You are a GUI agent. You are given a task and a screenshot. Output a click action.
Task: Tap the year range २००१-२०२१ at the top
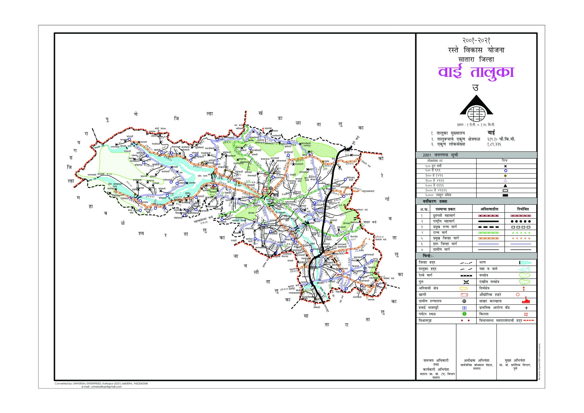476,41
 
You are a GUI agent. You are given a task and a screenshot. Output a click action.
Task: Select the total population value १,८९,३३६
494,144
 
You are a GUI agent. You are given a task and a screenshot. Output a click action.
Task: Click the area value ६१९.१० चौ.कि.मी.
501,139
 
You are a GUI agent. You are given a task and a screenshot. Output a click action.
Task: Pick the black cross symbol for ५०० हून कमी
505,166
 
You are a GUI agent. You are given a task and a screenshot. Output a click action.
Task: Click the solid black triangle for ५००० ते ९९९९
505,185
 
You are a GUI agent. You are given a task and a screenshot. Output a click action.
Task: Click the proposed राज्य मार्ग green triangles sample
520,233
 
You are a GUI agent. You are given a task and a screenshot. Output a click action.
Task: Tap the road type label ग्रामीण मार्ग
441,250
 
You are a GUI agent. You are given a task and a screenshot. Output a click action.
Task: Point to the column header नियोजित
523,209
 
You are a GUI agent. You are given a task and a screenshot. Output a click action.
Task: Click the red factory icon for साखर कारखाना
525,301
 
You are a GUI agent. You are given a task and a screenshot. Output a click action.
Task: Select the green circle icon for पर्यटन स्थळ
464,314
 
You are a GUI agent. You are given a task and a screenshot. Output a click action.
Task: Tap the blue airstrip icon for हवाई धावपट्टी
464,308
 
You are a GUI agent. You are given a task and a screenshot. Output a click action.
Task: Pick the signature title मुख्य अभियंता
515,361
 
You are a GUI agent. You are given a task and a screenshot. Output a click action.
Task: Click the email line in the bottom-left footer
101,387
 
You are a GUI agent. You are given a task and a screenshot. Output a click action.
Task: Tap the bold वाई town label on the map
275,195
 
